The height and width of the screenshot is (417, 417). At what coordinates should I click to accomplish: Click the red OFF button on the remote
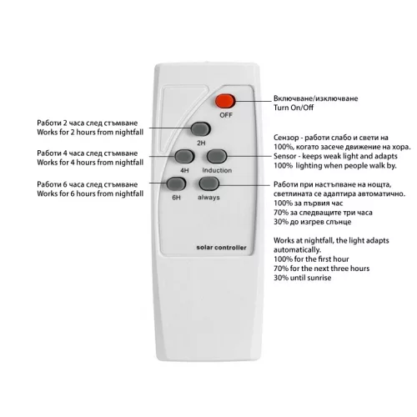click(x=225, y=101)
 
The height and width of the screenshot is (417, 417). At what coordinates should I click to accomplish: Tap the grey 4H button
click(x=184, y=156)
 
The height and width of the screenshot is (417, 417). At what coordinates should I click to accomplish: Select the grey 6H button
click(x=176, y=183)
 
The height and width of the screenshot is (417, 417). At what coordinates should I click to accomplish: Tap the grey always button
click(x=209, y=183)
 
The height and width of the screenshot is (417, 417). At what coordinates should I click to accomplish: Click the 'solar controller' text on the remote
click(x=221, y=248)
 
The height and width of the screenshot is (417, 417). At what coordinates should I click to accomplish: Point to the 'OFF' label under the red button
click(x=226, y=115)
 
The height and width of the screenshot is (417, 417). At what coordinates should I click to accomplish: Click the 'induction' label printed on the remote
click(x=217, y=170)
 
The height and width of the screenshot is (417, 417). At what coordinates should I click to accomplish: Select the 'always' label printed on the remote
click(x=208, y=198)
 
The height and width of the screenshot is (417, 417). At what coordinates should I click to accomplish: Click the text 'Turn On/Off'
click(x=294, y=108)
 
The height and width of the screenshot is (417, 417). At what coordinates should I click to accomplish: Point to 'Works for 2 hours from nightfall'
click(x=90, y=132)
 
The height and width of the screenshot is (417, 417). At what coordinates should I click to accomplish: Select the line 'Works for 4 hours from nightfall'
click(x=90, y=163)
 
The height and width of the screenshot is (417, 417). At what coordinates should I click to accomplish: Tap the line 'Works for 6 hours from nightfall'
click(x=90, y=193)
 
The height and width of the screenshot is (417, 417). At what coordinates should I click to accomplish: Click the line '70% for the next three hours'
click(x=322, y=269)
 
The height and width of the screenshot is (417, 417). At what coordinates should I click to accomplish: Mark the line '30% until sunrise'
click(x=303, y=278)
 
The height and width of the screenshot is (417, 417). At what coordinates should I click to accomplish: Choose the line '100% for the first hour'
click(x=311, y=259)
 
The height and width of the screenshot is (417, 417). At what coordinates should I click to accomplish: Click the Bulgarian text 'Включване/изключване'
click(x=315, y=98)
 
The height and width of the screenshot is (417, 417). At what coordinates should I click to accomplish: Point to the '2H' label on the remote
click(x=201, y=143)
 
